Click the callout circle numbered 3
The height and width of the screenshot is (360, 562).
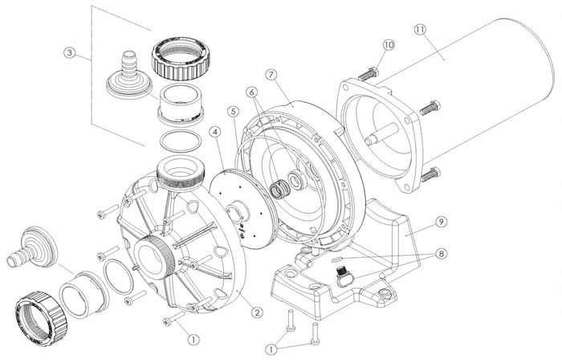(70, 54)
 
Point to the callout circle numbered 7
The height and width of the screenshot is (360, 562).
(271, 76)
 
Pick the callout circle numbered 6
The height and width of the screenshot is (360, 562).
(251, 93)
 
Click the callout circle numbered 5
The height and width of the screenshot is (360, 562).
(234, 112)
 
